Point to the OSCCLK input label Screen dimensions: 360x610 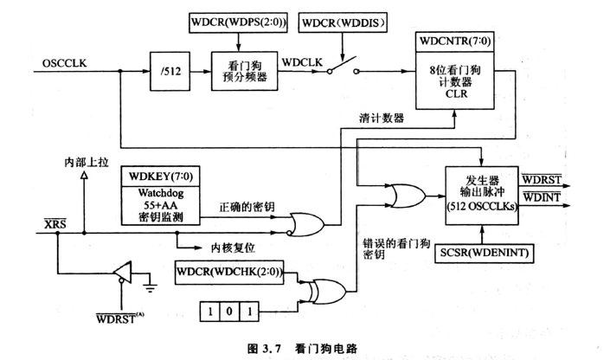click(x=61, y=61)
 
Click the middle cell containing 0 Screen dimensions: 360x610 click(x=229, y=308)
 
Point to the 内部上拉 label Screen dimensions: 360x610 click(x=82, y=162)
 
